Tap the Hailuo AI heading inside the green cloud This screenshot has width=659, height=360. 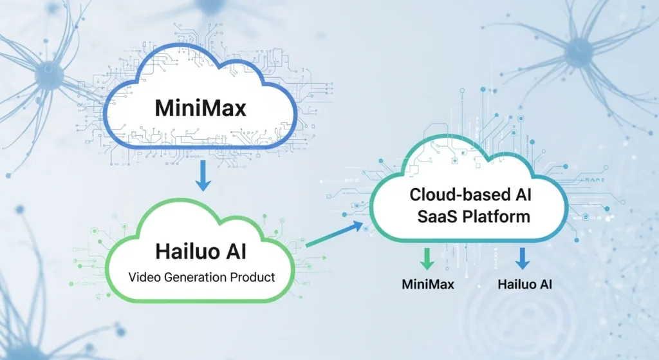(201, 250)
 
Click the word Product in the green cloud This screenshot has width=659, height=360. (252, 278)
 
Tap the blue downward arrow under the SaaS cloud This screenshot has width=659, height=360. (523, 259)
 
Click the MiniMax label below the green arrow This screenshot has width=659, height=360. (427, 284)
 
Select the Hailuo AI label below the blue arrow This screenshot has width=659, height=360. (524, 284)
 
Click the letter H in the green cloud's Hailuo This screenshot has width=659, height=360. (163, 250)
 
